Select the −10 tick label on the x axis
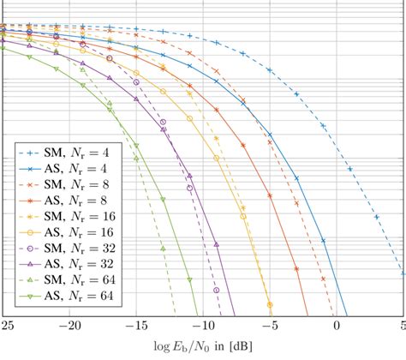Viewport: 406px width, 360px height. pos(202,326)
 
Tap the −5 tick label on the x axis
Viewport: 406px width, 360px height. pos(269,326)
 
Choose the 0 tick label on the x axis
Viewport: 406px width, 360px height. pos(337,326)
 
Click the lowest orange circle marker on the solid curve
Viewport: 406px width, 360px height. pos(270,304)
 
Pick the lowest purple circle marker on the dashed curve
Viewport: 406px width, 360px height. pos(217,291)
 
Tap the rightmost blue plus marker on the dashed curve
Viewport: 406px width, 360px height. pos(403,274)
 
